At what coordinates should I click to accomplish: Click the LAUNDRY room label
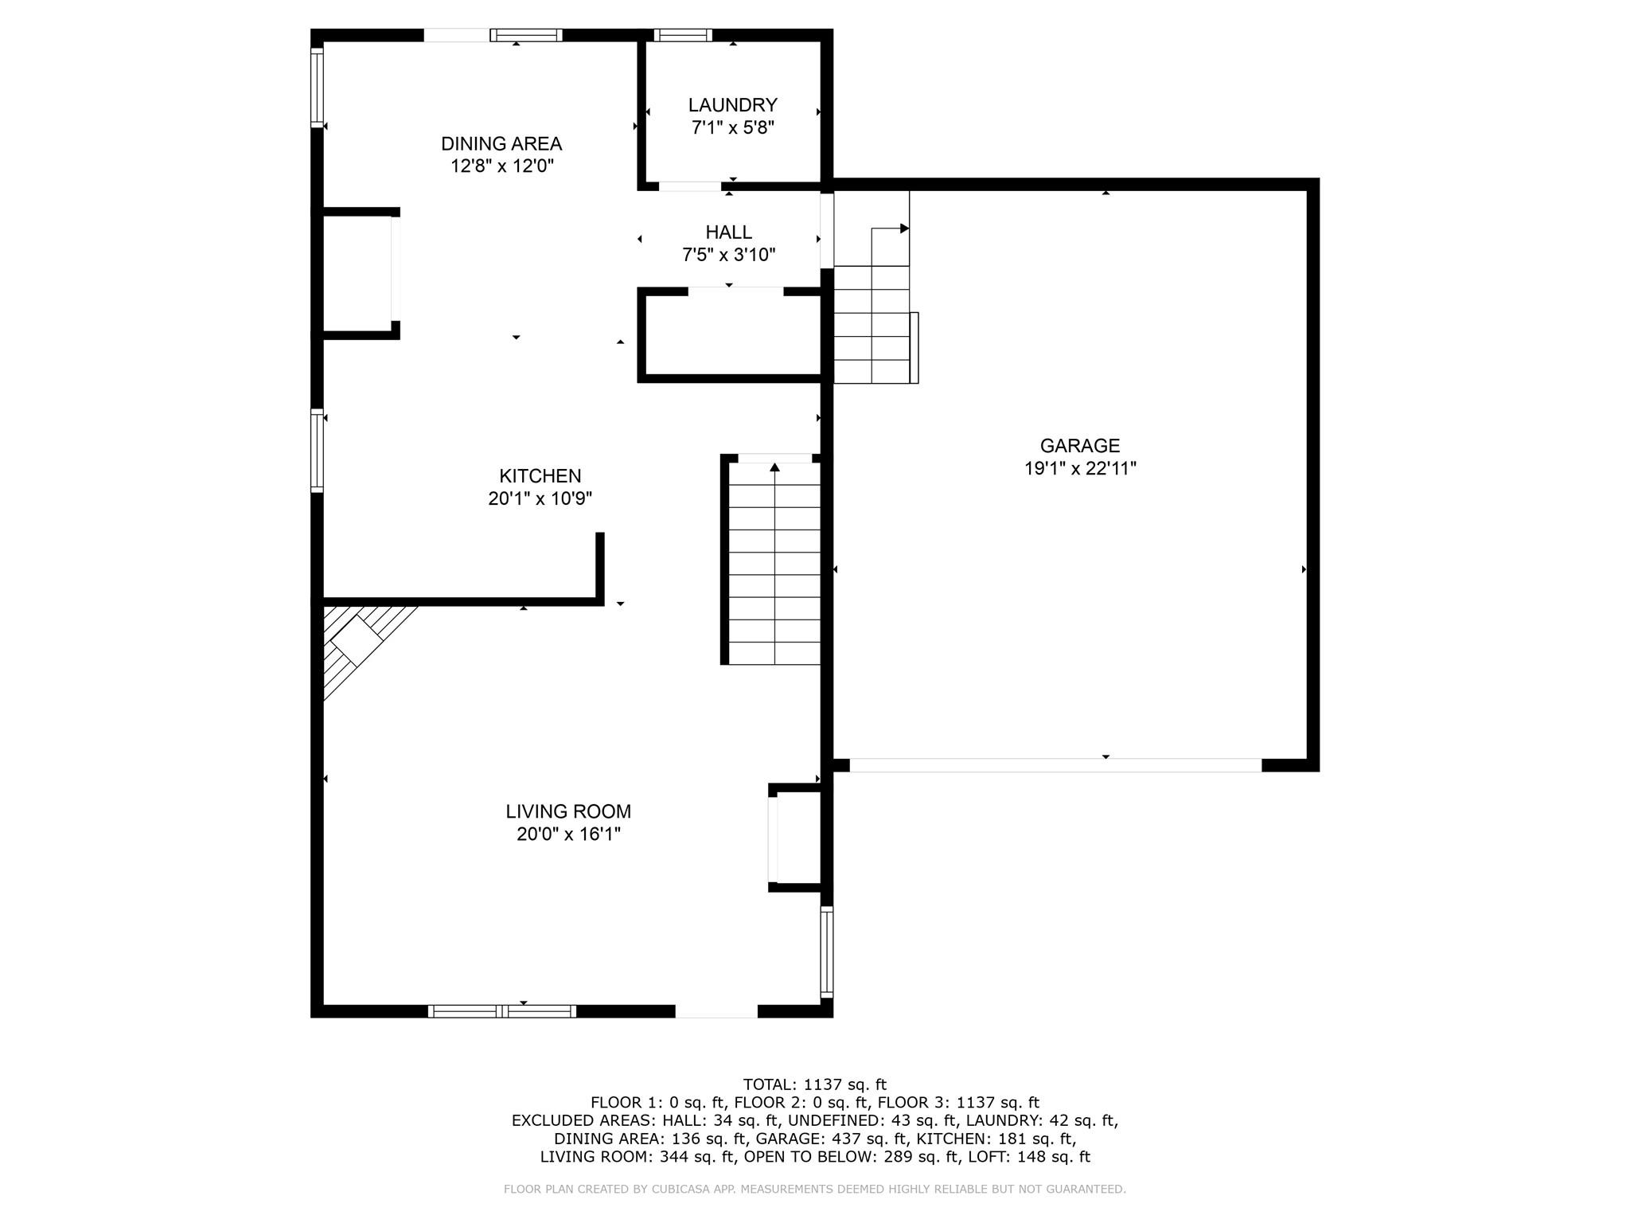click(732, 105)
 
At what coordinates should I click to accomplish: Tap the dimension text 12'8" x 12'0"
click(501, 166)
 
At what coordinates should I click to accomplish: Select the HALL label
click(728, 232)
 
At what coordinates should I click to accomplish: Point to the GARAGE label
click(1079, 446)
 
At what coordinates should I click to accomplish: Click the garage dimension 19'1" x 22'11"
click(1079, 468)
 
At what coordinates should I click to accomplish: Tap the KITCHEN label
click(540, 476)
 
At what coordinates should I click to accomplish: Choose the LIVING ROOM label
click(568, 811)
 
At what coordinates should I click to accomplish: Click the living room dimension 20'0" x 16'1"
click(568, 834)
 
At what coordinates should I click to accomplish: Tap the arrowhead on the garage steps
click(904, 229)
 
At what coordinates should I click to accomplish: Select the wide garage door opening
click(1055, 765)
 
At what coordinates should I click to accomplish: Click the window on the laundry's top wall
click(683, 35)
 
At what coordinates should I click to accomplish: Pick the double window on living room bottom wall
click(501, 1011)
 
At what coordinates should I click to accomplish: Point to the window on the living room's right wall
click(827, 952)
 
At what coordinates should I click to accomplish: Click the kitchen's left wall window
click(317, 451)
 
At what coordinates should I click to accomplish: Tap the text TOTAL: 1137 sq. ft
click(814, 1084)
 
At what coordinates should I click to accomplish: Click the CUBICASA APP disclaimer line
click(814, 1190)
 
